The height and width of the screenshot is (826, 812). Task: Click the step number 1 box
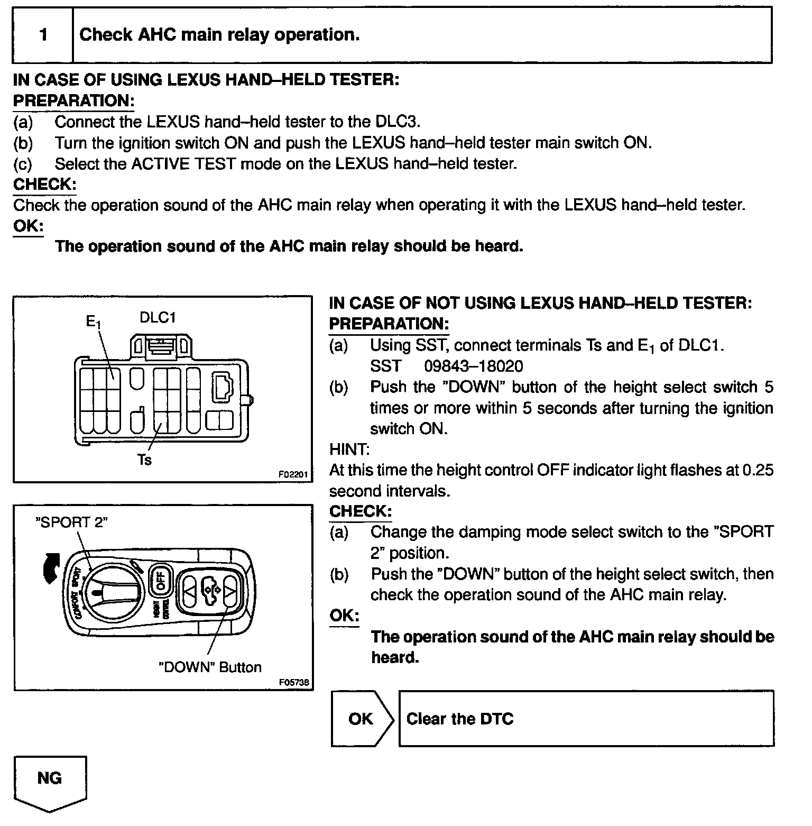43,35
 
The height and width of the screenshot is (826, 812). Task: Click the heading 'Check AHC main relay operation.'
219,35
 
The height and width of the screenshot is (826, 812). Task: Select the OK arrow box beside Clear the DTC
362,719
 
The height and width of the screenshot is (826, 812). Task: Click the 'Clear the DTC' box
586,719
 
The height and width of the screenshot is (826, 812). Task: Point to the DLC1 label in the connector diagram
158,317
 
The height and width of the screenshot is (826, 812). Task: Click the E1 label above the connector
93,322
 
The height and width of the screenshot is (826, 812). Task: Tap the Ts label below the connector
144,460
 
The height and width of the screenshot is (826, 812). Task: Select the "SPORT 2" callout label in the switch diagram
71,522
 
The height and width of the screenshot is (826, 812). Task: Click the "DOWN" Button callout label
210,667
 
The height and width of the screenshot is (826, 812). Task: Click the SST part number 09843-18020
473,366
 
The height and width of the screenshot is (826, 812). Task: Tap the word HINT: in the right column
349,449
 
